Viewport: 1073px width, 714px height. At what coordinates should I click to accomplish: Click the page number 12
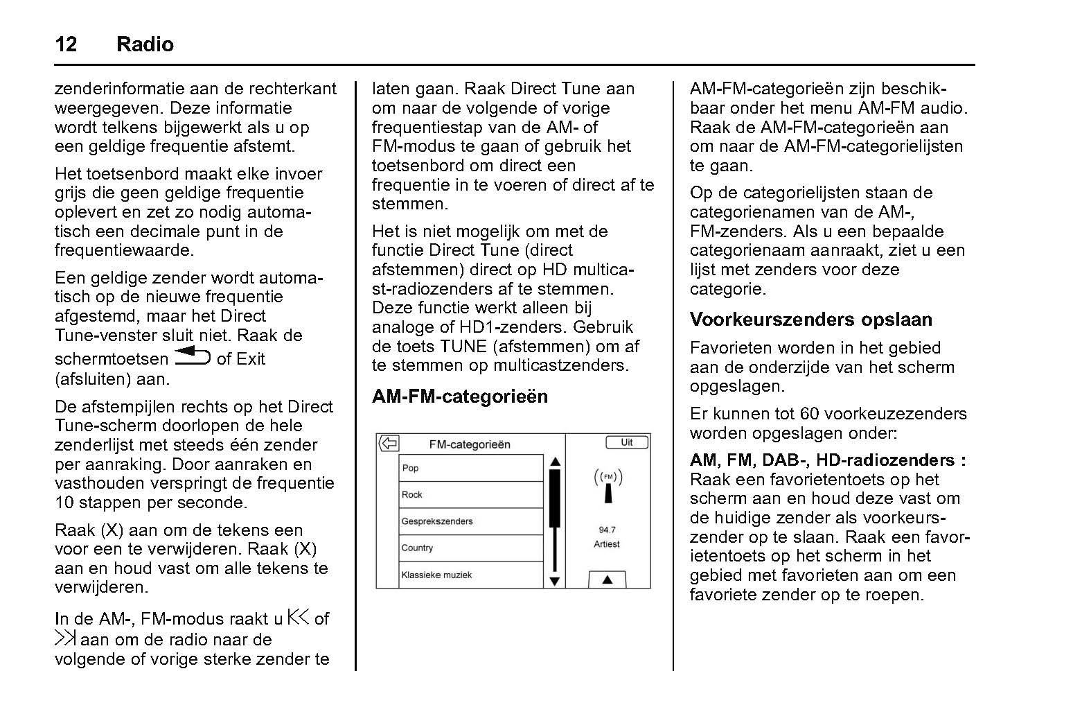[x=66, y=44]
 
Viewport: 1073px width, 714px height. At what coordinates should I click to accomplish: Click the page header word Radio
[x=145, y=44]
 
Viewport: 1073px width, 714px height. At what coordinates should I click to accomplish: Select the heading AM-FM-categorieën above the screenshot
[x=459, y=397]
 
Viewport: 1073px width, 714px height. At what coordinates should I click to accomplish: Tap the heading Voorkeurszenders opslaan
[x=810, y=320]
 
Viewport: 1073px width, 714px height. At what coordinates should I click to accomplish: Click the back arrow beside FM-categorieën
[x=389, y=444]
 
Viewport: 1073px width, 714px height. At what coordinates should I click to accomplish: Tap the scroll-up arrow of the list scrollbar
[x=554, y=462]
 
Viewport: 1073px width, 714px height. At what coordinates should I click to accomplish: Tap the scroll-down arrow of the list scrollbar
[x=554, y=581]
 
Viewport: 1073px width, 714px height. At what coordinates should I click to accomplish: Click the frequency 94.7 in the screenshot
[x=607, y=530]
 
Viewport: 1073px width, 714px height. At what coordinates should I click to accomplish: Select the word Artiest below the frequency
[x=607, y=544]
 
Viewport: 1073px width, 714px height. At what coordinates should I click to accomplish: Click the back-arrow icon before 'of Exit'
[x=192, y=356]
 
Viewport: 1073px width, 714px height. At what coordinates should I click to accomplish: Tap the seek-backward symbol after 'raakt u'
[x=299, y=617]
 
